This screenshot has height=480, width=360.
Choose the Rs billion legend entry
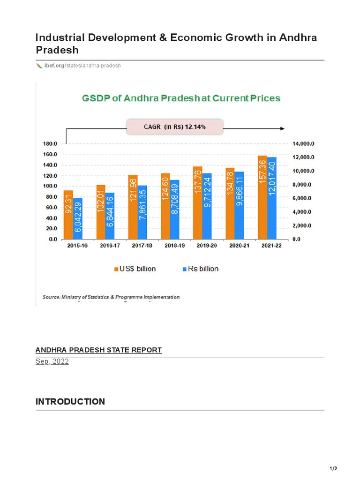(200, 269)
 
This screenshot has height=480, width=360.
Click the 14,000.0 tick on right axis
(304, 144)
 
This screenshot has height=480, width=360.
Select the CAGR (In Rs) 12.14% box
(175, 127)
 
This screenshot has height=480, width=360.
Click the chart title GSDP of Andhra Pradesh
(181, 98)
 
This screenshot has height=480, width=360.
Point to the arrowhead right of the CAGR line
(282, 128)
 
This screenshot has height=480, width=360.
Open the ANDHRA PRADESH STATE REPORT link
(98, 350)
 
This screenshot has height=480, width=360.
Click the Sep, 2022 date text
(52, 362)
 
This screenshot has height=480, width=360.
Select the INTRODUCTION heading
(70, 402)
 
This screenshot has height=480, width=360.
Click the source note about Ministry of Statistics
(111, 297)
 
